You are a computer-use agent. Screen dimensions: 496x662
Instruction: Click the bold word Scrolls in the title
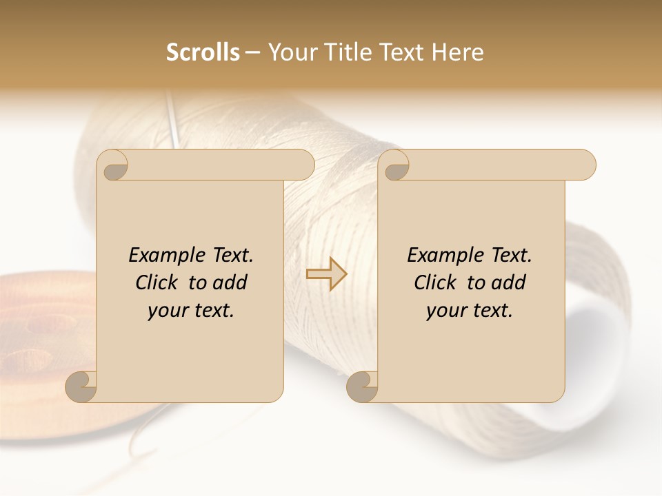pyautogui.click(x=203, y=52)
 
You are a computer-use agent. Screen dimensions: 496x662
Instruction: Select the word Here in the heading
pyautogui.click(x=458, y=52)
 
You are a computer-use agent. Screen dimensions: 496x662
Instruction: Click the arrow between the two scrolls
pyautogui.click(x=326, y=274)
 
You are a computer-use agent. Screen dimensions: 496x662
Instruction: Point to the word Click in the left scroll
pyautogui.click(x=157, y=282)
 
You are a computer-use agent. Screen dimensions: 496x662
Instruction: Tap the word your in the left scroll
pyautogui.click(x=165, y=311)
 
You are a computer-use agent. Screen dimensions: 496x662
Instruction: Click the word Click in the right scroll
pyautogui.click(x=436, y=282)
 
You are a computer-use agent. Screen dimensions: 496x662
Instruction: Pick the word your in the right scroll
pyautogui.click(x=444, y=311)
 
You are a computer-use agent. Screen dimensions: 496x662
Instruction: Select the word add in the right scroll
pyautogui.click(x=510, y=282)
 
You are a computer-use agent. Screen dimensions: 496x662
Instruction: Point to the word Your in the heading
pyautogui.click(x=292, y=52)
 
